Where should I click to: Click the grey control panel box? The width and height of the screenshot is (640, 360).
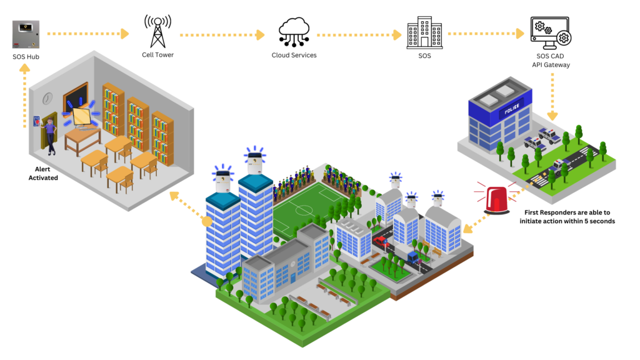26,34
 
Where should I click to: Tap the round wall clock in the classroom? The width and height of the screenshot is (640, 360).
47,98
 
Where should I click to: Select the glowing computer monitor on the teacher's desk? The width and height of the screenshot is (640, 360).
82,116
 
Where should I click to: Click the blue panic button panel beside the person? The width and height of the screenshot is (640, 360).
36,121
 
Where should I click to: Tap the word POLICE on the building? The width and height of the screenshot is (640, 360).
511,111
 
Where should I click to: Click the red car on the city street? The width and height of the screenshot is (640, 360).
380,241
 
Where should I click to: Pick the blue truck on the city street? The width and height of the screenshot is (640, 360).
412,256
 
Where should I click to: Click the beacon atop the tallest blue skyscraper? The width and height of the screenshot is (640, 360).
254,161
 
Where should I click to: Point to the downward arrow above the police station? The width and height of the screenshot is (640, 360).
552,96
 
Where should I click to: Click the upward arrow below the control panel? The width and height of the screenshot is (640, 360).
24,94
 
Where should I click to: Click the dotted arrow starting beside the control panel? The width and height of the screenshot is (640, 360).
87,34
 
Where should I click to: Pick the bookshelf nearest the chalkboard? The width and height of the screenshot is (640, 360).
113,110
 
